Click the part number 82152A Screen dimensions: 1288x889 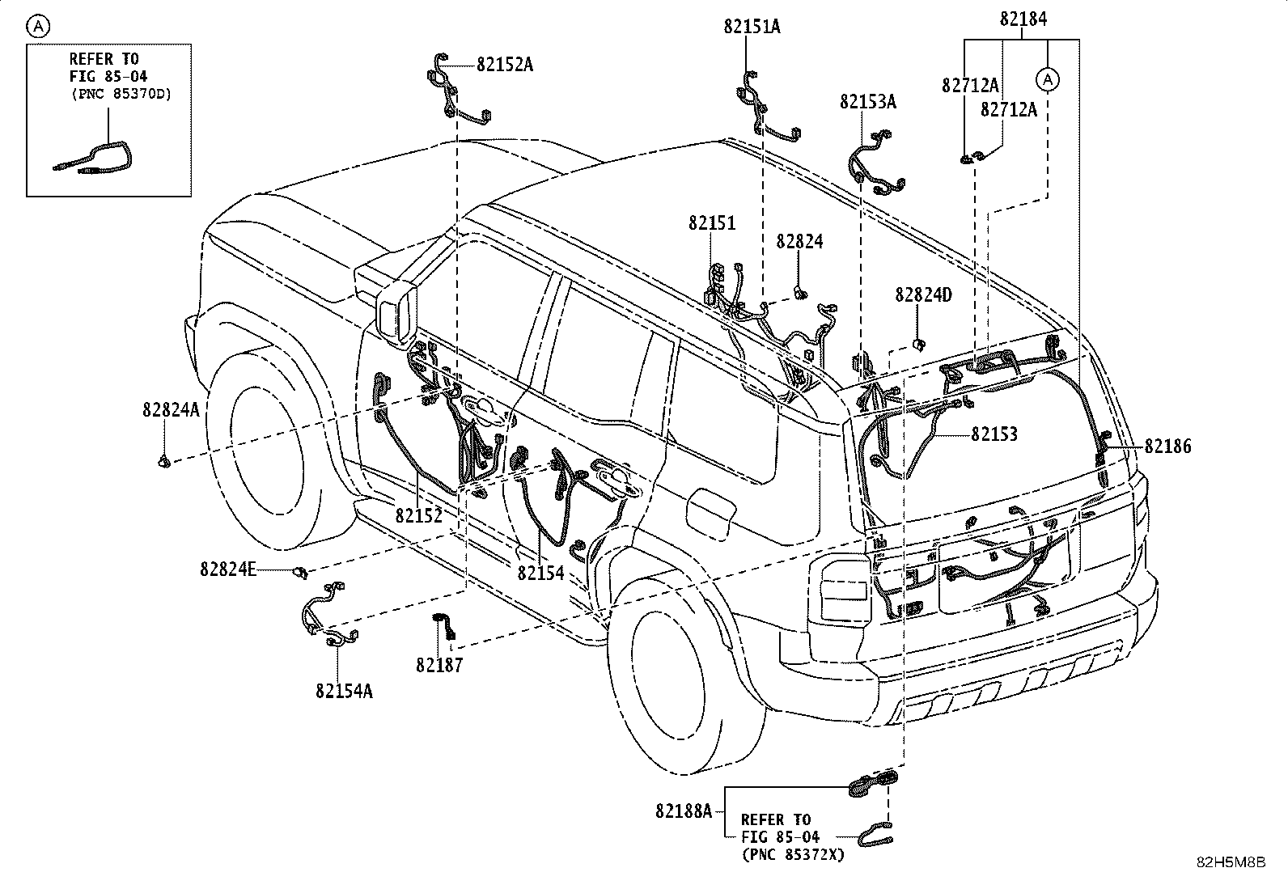click(505, 65)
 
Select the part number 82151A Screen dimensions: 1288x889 click(752, 27)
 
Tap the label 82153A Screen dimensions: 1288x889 click(867, 102)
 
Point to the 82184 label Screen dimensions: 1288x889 click(1023, 19)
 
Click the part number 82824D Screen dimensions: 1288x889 click(923, 295)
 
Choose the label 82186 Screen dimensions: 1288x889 click(1167, 447)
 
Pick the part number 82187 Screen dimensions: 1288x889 click(439, 665)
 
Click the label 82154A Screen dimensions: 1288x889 click(344, 691)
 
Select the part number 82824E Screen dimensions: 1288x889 click(227, 569)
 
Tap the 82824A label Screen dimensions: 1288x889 click(171, 410)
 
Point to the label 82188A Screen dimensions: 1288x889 click(684, 811)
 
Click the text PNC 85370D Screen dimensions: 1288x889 click(122, 94)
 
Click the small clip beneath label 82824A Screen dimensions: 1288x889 click(164, 460)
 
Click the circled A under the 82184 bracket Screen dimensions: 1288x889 click(1048, 79)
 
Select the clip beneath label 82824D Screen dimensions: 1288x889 click(919, 345)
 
